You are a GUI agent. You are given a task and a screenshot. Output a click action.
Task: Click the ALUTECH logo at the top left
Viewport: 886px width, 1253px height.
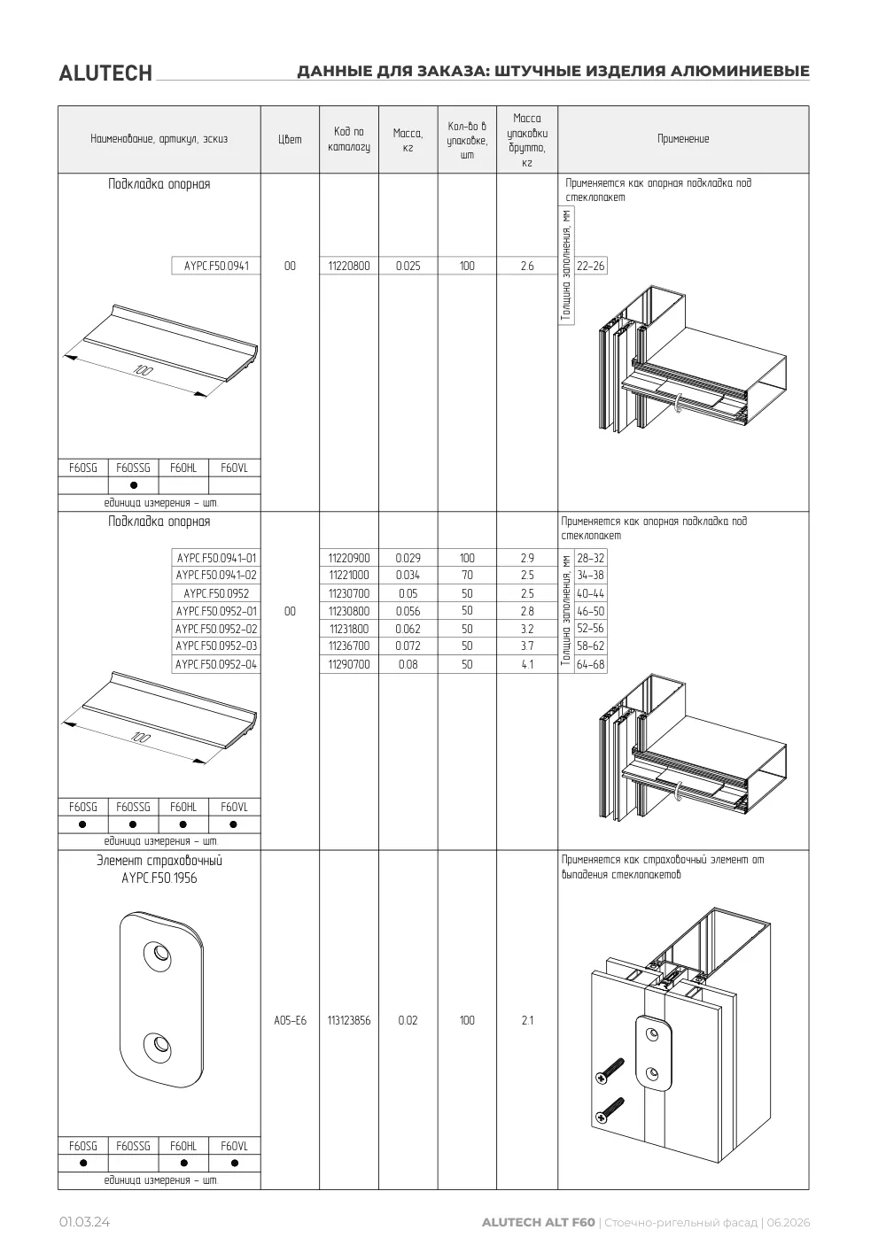click(105, 73)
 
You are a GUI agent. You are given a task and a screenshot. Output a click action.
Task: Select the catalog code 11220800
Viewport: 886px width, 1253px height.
click(349, 266)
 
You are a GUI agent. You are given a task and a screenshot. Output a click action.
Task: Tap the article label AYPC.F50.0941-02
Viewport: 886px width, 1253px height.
click(216, 575)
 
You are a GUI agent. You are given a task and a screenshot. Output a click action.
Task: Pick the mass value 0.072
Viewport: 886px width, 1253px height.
click(408, 646)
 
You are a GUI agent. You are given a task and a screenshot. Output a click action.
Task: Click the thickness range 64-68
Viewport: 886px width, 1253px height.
click(590, 664)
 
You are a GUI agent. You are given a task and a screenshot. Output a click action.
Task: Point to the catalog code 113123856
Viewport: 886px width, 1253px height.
click(349, 1020)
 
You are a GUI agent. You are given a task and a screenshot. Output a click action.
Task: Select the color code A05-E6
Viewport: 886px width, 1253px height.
click(290, 1020)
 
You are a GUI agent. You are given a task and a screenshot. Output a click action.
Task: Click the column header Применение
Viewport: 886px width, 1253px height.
click(683, 139)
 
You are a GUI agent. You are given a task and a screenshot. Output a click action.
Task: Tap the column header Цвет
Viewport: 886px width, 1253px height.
click(290, 139)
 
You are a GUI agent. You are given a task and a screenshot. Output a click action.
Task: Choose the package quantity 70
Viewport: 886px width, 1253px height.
click(467, 575)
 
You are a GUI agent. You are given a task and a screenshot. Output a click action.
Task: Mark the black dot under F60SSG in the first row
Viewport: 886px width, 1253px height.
click(133, 485)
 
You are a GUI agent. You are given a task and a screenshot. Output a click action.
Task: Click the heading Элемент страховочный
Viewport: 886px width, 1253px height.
click(159, 861)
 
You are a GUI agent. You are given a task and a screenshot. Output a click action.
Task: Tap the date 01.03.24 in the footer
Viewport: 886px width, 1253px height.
click(84, 1222)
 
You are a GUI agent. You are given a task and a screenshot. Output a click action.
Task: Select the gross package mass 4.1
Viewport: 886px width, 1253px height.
click(527, 664)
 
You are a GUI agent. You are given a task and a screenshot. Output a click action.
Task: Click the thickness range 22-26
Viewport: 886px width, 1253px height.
click(590, 266)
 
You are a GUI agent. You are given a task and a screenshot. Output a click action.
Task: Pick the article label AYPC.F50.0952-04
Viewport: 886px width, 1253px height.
click(216, 664)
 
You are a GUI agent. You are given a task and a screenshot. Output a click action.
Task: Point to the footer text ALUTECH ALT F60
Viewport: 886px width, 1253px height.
click(538, 1222)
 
